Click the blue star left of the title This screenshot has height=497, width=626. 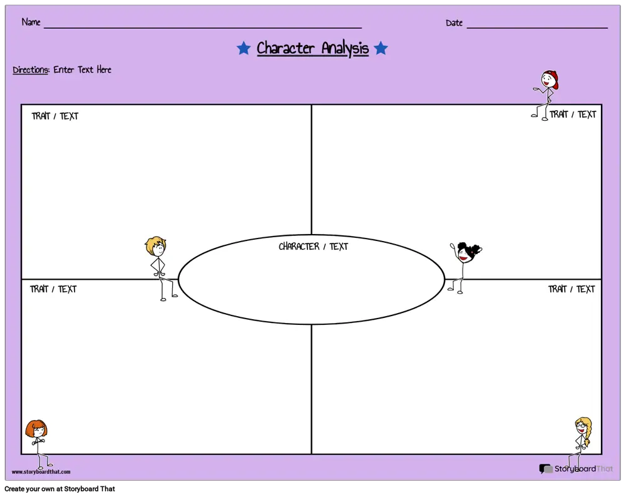[x=244, y=48]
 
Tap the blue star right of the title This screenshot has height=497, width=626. [x=381, y=48]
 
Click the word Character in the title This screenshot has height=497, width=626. [x=285, y=48]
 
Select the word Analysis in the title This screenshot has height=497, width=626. [x=345, y=49]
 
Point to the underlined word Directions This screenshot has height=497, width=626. [x=31, y=70]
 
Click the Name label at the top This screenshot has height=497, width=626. [x=31, y=22]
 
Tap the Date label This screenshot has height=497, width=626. [x=454, y=23]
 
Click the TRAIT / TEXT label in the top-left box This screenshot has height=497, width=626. [x=55, y=116]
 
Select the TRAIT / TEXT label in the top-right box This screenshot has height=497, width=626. [x=573, y=115]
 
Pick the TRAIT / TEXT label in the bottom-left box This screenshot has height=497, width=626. [x=53, y=289]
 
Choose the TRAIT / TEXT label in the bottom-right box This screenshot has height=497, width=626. [x=572, y=289]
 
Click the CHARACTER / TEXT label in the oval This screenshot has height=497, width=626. [x=314, y=246]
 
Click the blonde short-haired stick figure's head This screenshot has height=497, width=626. [x=156, y=246]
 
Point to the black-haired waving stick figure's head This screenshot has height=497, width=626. [x=468, y=252]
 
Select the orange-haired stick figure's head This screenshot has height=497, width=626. [x=36, y=429]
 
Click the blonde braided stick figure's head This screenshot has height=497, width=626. [x=582, y=426]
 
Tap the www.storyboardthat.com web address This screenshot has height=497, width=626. [x=41, y=472]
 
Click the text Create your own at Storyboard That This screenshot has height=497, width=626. [x=60, y=489]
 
